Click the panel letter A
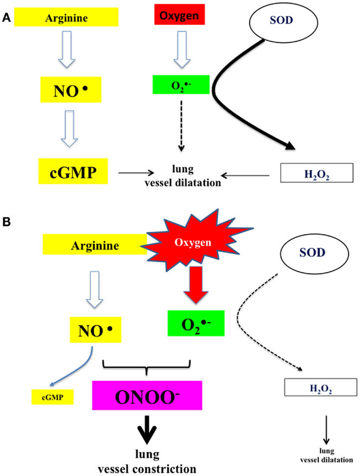tap(6, 17)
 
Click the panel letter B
tap(6, 220)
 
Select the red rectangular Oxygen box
tap(180, 15)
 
